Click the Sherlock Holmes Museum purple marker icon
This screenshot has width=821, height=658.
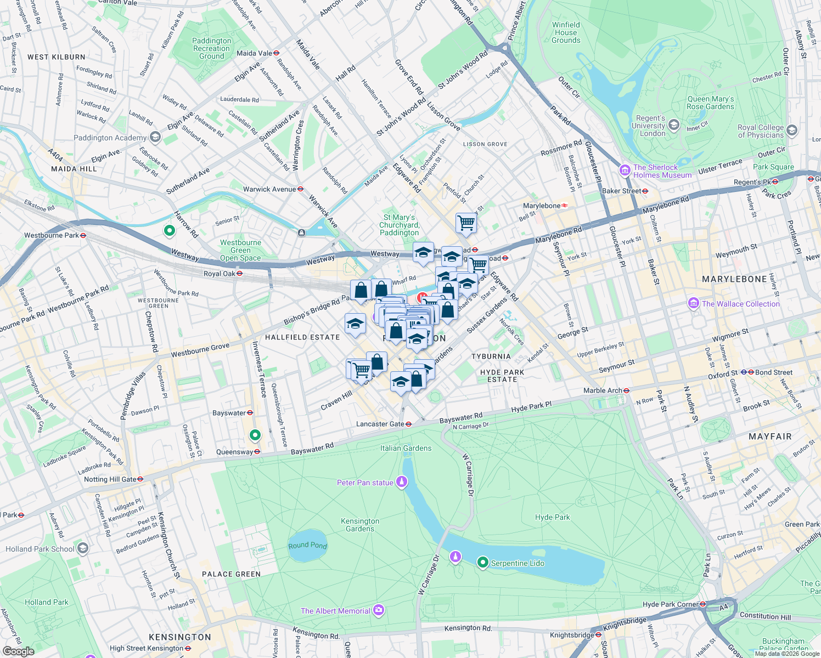pyautogui.click(x=625, y=171)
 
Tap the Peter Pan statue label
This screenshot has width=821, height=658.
pyautogui.click(x=365, y=483)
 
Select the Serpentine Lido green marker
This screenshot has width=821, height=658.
pyautogui.click(x=482, y=563)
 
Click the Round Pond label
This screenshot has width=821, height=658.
pyautogui.click(x=307, y=545)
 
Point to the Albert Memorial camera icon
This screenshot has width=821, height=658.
pyautogui.click(x=378, y=610)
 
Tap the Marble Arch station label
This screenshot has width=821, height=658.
pyautogui.click(x=603, y=390)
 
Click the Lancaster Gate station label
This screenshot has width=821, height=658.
pyautogui.click(x=380, y=424)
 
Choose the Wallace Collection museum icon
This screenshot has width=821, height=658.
pyautogui.click(x=693, y=303)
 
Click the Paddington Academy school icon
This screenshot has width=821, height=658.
pyautogui.click(x=155, y=137)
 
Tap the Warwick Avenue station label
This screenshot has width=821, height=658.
pyautogui.click(x=269, y=189)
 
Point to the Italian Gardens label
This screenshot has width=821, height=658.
pyautogui.click(x=406, y=448)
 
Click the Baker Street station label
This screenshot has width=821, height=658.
pyautogui.click(x=621, y=191)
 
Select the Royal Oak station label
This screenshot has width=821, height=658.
pyautogui.click(x=219, y=274)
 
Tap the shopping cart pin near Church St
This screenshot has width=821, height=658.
pyautogui.click(x=466, y=223)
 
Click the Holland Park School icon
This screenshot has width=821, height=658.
pyautogui.click(x=82, y=548)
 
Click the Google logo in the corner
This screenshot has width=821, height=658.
pyautogui.click(x=18, y=651)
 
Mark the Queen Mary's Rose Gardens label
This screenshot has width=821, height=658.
pyautogui.click(x=710, y=103)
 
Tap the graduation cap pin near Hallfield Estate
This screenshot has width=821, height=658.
pyautogui.click(x=355, y=324)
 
